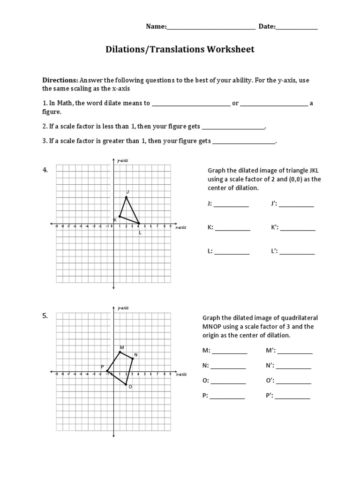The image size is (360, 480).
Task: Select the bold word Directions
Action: [x=60, y=80]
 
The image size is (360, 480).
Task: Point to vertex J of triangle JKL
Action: [x=126, y=197]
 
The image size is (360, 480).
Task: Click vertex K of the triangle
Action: [x=120, y=217]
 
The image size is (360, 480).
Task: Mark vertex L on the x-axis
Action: [x=139, y=224]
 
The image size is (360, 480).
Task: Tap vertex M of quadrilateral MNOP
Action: [x=120, y=352]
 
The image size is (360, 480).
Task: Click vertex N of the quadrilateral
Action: [x=133, y=359]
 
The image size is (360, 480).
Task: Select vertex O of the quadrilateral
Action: [x=126, y=385]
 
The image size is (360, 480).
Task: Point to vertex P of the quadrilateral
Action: [x=107, y=372]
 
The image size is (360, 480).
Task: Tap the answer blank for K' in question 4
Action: [x=298, y=229]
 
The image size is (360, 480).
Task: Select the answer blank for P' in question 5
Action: [x=292, y=397]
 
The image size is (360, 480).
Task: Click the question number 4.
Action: [x=45, y=170]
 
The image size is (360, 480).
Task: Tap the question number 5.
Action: [x=45, y=316]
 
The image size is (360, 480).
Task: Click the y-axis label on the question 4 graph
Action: [x=122, y=161]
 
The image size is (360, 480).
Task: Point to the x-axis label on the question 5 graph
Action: [x=181, y=375]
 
